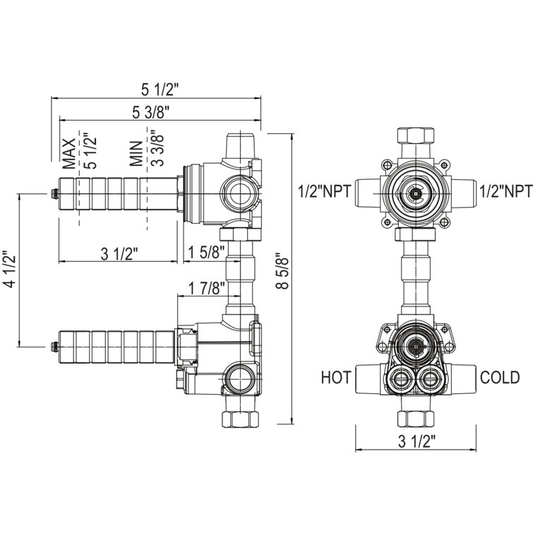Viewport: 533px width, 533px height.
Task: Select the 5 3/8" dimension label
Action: [x=150, y=111]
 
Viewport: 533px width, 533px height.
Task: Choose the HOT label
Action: [x=336, y=378]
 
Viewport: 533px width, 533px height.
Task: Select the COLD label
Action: [x=501, y=378]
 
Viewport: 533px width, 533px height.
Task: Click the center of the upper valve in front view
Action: [x=417, y=191]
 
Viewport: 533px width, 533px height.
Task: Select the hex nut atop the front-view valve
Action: [x=416, y=135]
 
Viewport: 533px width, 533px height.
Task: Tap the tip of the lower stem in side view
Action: [x=54, y=346]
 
